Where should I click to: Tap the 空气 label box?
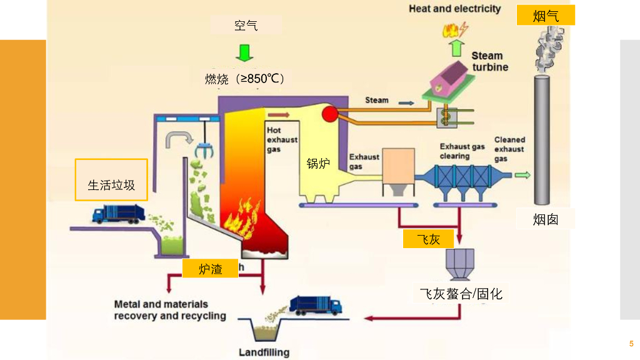coord(246,25)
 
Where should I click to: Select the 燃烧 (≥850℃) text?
coord(245,79)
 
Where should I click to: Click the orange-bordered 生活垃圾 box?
coord(111,180)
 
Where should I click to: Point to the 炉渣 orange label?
coord(211,269)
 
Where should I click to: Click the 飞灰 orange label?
coord(428,238)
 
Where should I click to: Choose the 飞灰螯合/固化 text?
coord(461,293)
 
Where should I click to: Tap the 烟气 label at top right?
coord(546,16)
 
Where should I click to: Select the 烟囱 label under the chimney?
coord(546,219)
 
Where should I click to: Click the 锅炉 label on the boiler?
coord(317,164)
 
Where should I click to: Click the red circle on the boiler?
coord(329,114)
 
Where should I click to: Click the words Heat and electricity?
coord(455,9)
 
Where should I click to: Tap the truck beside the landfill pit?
coord(316,304)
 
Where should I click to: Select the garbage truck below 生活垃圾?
coord(118,214)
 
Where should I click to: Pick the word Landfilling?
coord(264,352)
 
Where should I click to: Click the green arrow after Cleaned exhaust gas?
coord(522,175)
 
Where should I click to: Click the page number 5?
coord(631,344)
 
